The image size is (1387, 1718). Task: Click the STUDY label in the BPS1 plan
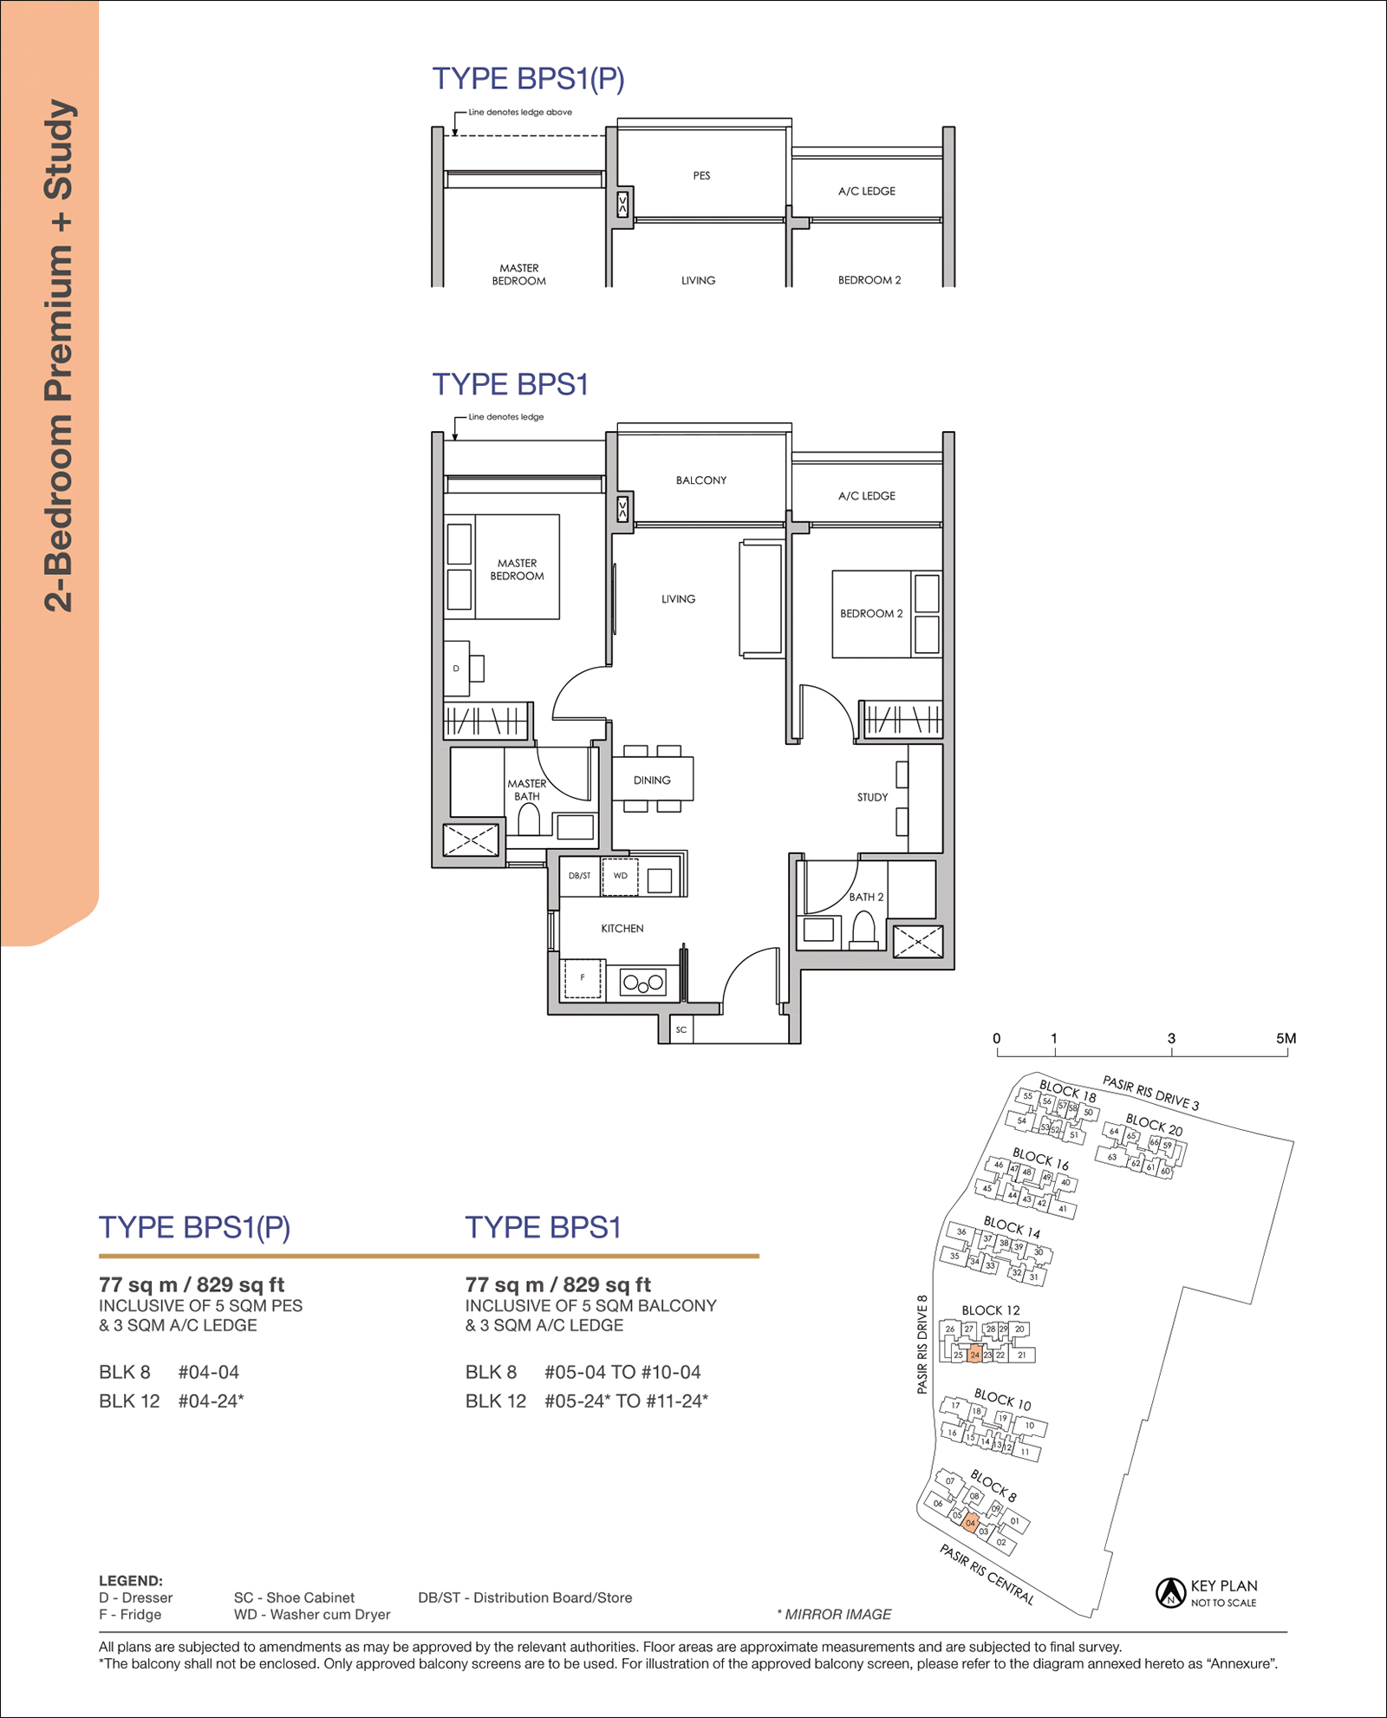872,797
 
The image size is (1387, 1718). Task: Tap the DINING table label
652,780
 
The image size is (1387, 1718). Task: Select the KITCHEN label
622,928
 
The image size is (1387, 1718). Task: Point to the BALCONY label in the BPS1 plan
701,480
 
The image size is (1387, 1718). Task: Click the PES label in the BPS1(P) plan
701,175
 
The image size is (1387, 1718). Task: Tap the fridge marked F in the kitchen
583,978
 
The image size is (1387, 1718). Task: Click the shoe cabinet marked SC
681,1029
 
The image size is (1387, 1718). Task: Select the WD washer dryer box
621,876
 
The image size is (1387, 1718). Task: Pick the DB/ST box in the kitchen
580,876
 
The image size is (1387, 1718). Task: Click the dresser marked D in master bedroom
457,669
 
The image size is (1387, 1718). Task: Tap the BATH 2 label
866,897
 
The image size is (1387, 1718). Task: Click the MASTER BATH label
527,789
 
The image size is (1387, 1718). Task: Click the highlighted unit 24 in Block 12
974,1354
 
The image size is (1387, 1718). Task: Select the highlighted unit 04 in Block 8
971,1522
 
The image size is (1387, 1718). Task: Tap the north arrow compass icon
1170,1592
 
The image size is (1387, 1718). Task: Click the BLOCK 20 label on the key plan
1154,1125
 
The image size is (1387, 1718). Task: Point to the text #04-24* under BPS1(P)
211,1401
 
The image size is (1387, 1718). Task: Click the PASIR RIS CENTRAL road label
987,1574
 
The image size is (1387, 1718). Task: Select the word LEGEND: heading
131,1580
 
